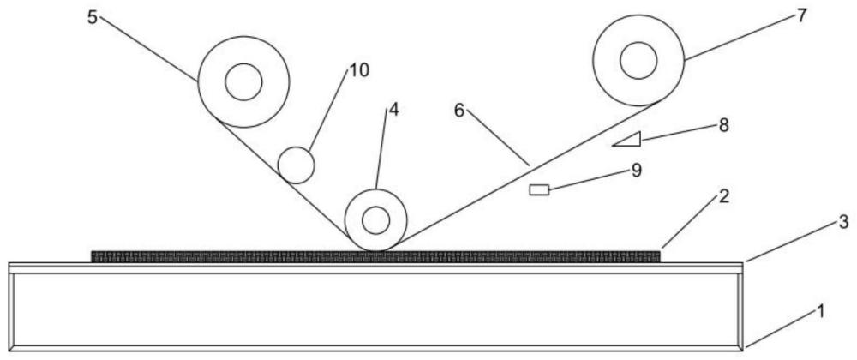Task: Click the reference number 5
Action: tap(92, 17)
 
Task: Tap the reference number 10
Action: tap(358, 70)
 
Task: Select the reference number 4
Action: tap(393, 110)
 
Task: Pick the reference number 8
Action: tap(723, 125)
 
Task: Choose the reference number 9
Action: tap(635, 170)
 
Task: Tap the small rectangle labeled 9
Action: tap(539, 189)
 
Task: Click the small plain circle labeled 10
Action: tap(296, 165)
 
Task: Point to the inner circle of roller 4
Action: tap(375, 220)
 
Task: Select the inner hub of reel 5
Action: tap(243, 82)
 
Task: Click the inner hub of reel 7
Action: tap(638, 60)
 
